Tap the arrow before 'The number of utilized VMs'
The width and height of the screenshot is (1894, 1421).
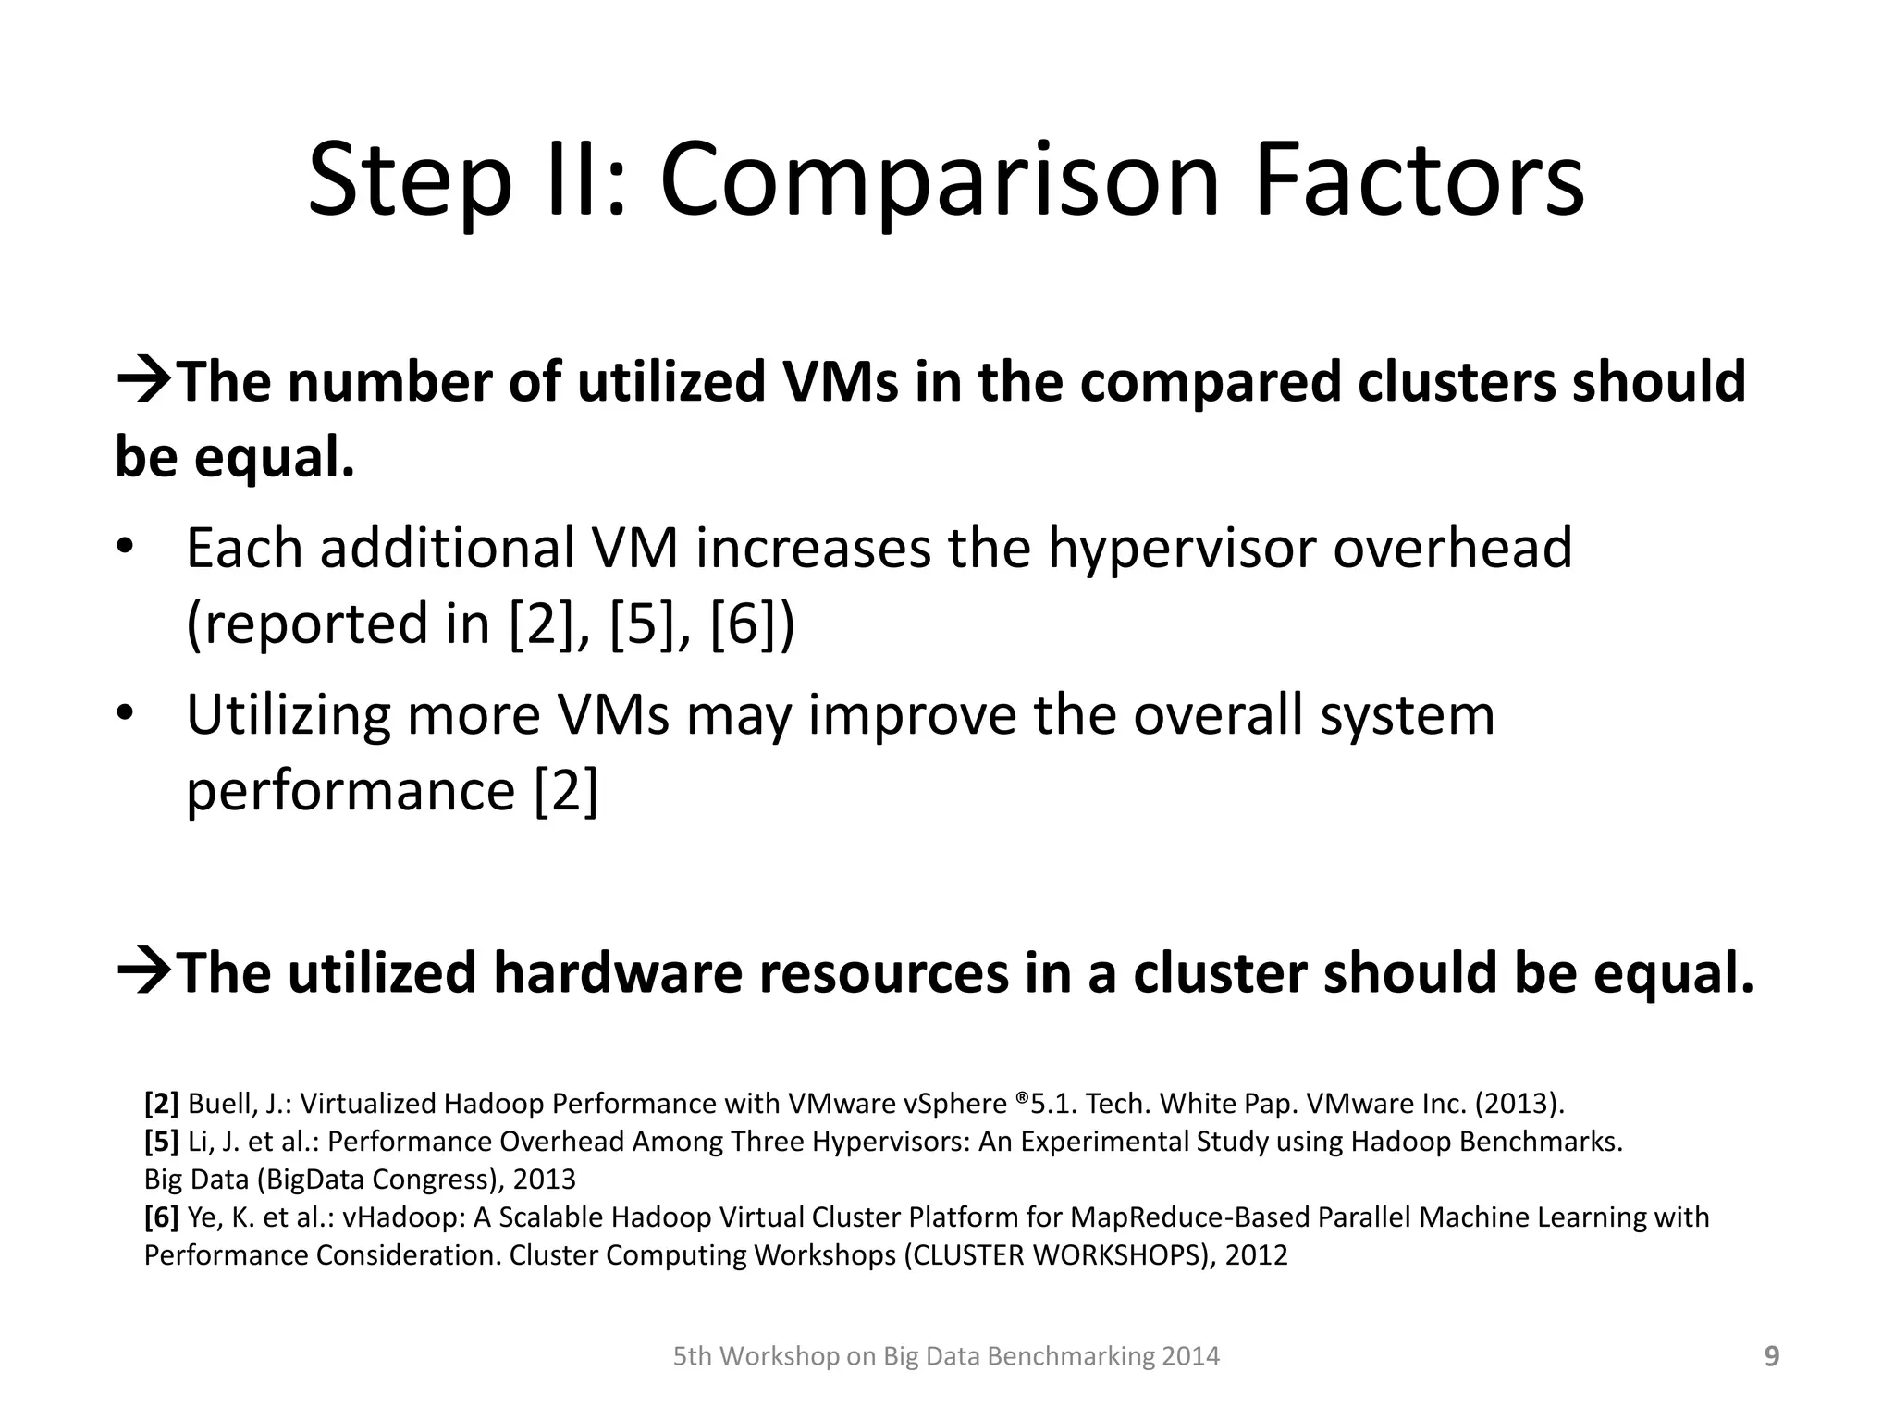pyautogui.click(x=144, y=380)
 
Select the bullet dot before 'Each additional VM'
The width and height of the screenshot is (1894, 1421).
pyautogui.click(x=126, y=545)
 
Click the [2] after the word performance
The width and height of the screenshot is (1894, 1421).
pyautogui.click(x=566, y=791)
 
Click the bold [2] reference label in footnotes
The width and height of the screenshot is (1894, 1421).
pyautogui.click(x=162, y=1103)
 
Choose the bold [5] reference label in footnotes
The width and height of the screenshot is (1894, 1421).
pyautogui.click(x=162, y=1141)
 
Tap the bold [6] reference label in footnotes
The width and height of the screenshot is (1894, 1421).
pyautogui.click(x=162, y=1217)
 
